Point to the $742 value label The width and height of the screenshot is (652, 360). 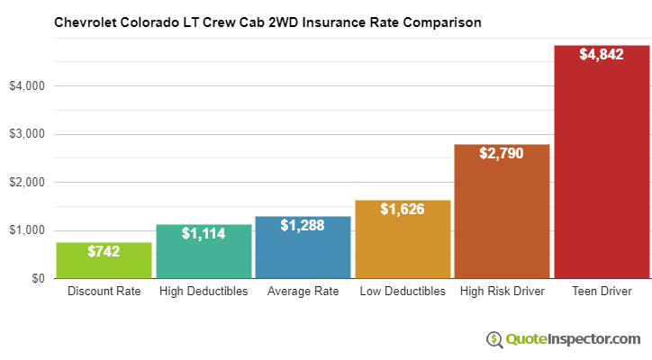(104, 252)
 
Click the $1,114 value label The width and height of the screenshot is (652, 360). (203, 234)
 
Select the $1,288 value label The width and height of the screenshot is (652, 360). (303, 226)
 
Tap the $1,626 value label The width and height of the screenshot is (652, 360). (402, 210)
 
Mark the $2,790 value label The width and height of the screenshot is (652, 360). (502, 154)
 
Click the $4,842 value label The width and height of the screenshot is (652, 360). (601, 55)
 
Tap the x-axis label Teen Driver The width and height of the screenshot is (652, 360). (601, 292)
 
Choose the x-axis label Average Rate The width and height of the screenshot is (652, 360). (303, 292)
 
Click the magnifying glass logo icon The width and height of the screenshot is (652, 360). (494, 339)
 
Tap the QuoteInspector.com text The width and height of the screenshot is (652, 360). (572, 338)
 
